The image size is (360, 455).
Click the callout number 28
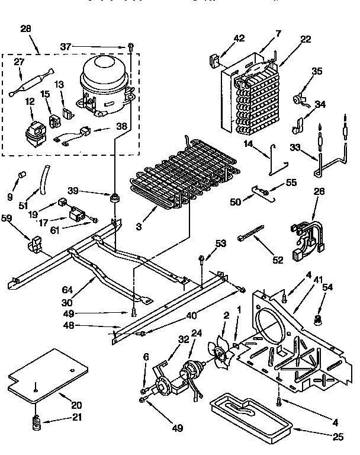(x=26, y=29)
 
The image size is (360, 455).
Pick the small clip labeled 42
(x=215, y=60)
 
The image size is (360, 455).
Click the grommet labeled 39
(x=112, y=196)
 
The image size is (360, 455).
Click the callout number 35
(x=317, y=71)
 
